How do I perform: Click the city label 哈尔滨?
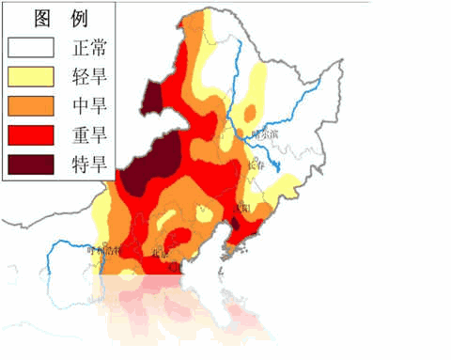point(266,134)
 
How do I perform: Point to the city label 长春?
point(254,164)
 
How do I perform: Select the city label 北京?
point(161,252)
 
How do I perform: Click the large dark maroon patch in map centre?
point(150,169)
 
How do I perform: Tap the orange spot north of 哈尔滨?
point(251,113)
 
